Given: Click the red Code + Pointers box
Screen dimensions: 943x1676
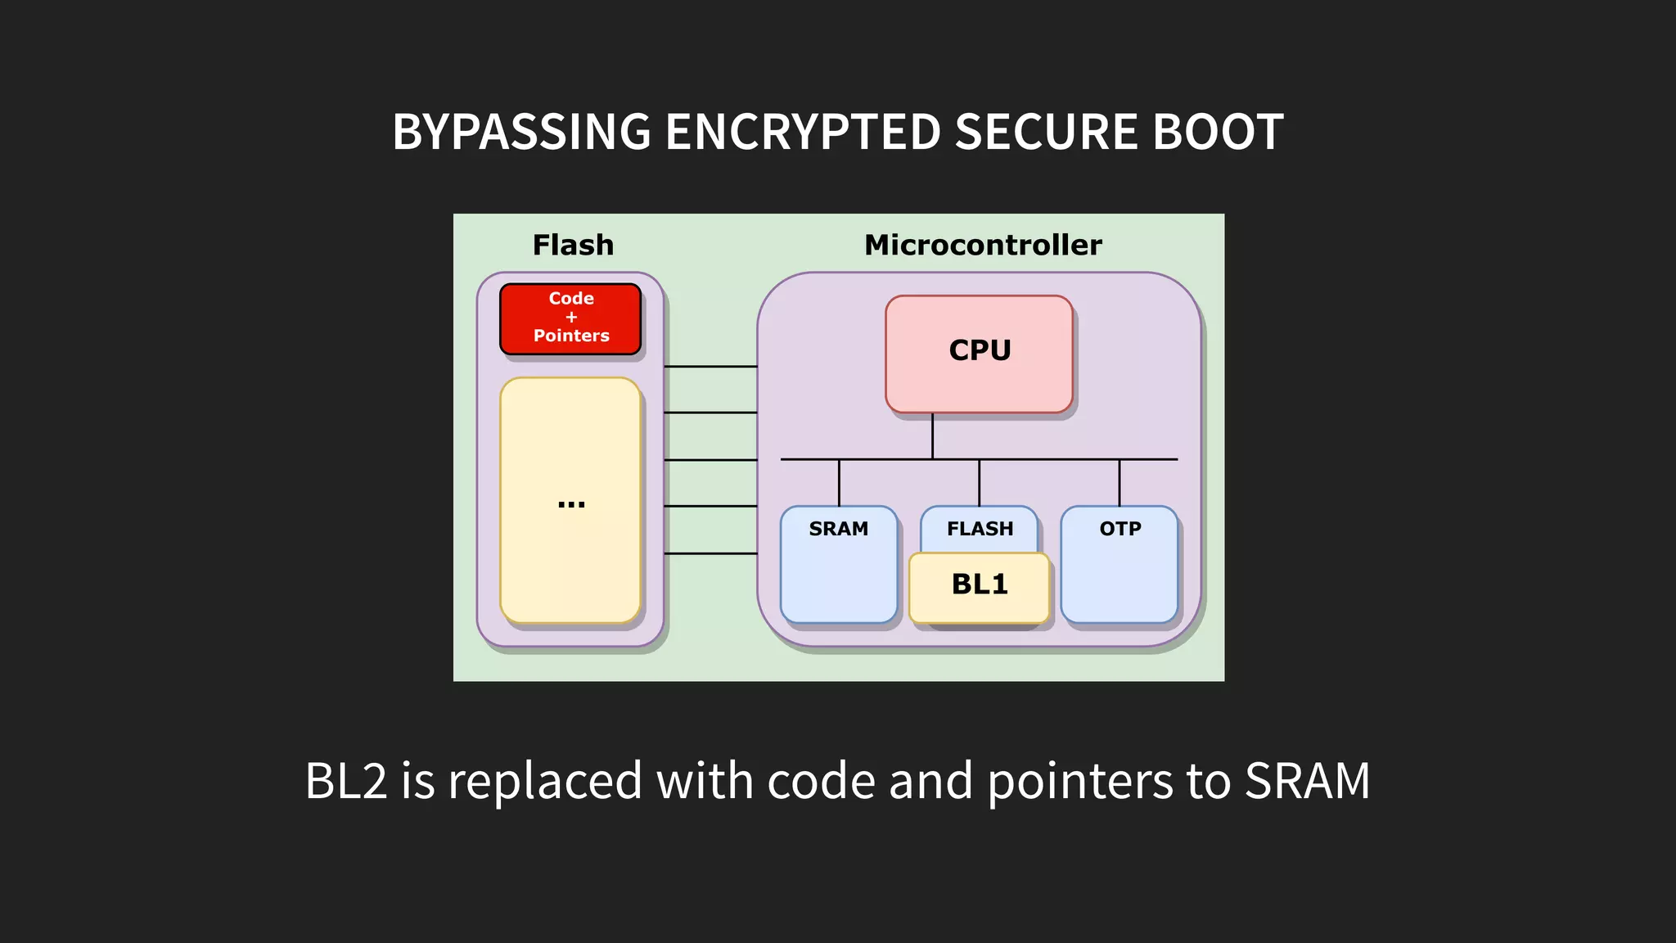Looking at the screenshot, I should click(570, 318).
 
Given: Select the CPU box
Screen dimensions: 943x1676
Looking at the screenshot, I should click(979, 354).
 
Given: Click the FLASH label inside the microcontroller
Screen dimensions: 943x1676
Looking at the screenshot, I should click(980, 529).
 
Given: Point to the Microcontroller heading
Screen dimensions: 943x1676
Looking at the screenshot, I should click(982, 245).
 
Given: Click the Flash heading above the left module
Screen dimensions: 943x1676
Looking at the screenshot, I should click(573, 245).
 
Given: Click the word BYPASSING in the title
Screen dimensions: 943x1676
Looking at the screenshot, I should click(521, 132).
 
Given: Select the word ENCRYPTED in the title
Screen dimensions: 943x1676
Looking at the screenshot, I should click(803, 132).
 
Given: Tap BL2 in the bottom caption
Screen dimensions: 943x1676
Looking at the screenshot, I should click(345, 780).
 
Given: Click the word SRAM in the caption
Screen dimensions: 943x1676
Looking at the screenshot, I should click(1307, 780).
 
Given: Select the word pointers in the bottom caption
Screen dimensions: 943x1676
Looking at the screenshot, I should click(1079, 782).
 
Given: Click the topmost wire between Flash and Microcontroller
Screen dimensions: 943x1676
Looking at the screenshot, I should click(710, 366).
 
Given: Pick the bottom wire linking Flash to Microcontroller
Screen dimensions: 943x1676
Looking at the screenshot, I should click(710, 553).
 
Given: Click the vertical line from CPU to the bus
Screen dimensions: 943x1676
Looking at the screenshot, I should click(932, 435).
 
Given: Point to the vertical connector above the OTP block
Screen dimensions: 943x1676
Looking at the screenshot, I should click(1119, 482).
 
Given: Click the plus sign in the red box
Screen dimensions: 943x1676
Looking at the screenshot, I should click(571, 317).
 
